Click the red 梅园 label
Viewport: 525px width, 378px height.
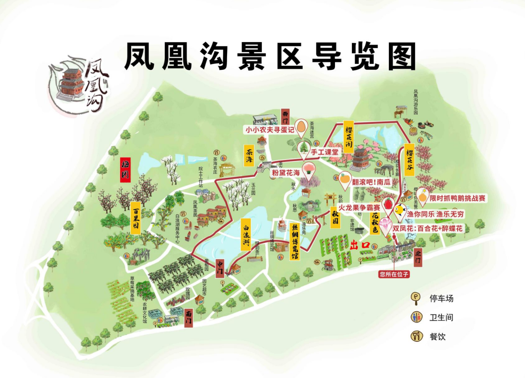[x=126, y=170]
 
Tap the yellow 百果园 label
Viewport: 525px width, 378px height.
[x=136, y=217]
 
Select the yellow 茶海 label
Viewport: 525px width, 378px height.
[x=249, y=156]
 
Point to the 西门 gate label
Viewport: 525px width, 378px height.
[x=286, y=115]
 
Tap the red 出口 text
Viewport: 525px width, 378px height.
[x=360, y=244]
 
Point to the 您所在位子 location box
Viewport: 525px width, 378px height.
[x=395, y=273]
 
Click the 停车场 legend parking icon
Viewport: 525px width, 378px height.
[x=417, y=298]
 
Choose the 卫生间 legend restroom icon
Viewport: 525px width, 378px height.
[x=417, y=317]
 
